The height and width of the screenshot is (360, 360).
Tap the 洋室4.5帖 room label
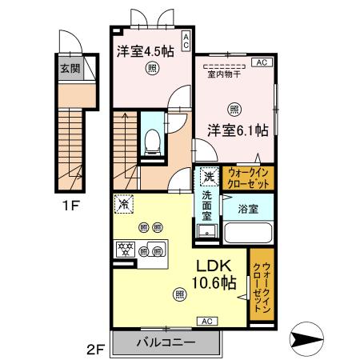point(145,51)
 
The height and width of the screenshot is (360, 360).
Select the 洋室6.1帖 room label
point(239,130)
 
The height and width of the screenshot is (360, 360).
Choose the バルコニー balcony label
point(166,342)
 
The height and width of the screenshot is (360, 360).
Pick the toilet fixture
point(152,142)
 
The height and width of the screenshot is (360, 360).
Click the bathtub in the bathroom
point(247,233)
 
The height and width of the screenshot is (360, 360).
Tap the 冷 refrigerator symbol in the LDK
point(124,204)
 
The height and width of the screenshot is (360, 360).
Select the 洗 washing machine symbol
point(208,176)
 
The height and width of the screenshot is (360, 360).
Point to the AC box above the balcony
point(206,321)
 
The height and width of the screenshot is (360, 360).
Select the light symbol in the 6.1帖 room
point(234,109)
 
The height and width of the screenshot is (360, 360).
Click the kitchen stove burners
point(128,249)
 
